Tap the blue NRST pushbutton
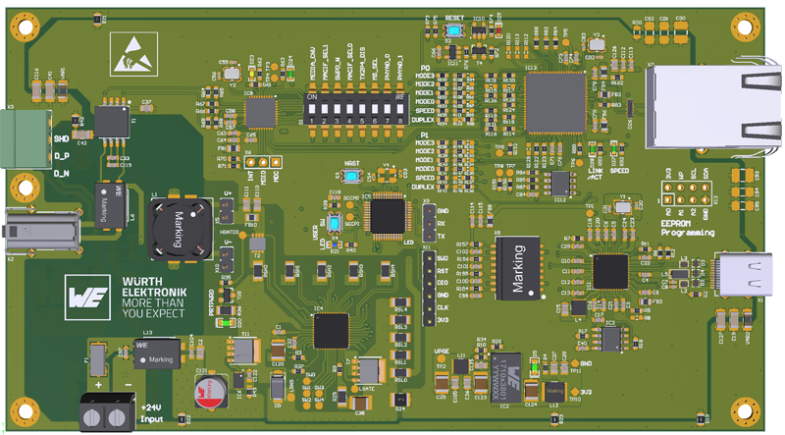350,176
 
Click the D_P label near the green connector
61,156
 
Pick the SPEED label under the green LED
620,170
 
